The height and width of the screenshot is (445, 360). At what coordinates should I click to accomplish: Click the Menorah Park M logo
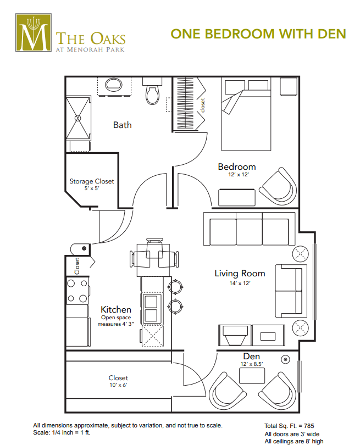(x=34, y=32)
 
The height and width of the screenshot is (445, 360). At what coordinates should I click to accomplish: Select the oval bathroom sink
(x=114, y=84)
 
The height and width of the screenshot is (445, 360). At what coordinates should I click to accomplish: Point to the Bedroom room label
(x=237, y=166)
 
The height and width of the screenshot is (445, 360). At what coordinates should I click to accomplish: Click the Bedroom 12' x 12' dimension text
(x=239, y=175)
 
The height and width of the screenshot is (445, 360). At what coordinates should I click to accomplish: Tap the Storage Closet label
(x=92, y=181)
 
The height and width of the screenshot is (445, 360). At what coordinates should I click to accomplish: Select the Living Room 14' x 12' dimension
(x=240, y=283)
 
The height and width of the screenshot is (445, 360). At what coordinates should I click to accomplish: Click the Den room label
(x=252, y=357)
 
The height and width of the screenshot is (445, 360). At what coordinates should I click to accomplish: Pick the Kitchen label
(x=116, y=309)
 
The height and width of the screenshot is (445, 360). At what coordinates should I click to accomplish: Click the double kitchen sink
(x=151, y=309)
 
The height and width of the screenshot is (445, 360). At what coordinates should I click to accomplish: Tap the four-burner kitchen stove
(x=77, y=291)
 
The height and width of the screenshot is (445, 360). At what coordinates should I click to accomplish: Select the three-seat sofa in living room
(x=249, y=229)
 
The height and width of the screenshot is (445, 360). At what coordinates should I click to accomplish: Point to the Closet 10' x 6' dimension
(x=118, y=385)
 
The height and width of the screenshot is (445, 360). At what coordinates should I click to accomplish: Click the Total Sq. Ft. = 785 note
(x=289, y=426)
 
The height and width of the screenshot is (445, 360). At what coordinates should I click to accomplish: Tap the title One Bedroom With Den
(x=258, y=34)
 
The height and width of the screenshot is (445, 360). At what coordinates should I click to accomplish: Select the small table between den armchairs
(x=252, y=375)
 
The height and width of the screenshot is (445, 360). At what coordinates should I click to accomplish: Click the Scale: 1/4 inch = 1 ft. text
(x=62, y=433)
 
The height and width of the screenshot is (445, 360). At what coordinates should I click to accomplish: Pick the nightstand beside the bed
(x=289, y=86)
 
